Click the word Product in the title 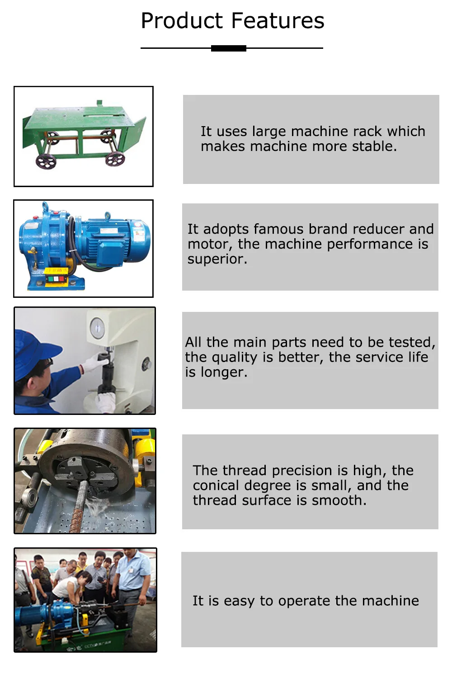pyautogui.click(x=182, y=21)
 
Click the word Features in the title pyautogui.click(x=278, y=21)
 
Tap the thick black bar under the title pyautogui.click(x=229, y=48)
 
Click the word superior pyautogui.click(x=217, y=259)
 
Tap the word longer pyautogui.click(x=224, y=372)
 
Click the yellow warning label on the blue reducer pyautogui.click(x=56, y=271)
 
